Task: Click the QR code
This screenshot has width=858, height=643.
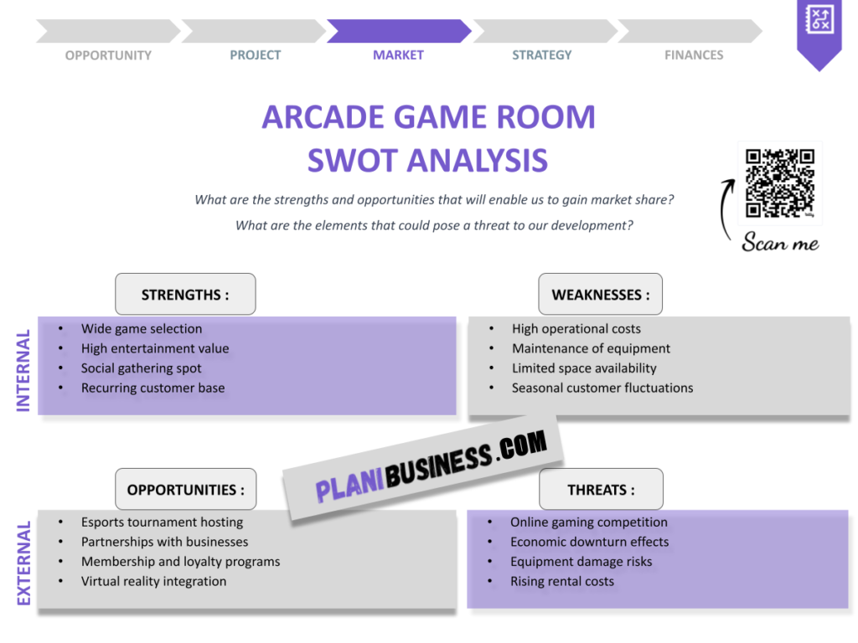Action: (x=780, y=183)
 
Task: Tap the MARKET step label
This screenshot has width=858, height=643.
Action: (x=398, y=55)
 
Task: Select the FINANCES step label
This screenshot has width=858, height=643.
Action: (x=694, y=55)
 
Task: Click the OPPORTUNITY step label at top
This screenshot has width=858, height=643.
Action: (x=108, y=55)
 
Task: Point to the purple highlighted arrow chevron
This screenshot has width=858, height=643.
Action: (x=398, y=31)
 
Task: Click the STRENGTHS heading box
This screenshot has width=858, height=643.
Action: (x=185, y=295)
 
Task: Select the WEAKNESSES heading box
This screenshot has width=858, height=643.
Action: (x=600, y=295)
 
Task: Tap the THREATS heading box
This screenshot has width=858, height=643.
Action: (x=601, y=490)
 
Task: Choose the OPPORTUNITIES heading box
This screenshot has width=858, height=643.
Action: (x=185, y=490)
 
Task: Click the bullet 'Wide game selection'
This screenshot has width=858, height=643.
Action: (x=142, y=329)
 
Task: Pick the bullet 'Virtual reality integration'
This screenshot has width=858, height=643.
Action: (x=153, y=581)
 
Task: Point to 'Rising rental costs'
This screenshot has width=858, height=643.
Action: (x=562, y=581)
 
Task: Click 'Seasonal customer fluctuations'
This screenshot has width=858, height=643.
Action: (x=602, y=388)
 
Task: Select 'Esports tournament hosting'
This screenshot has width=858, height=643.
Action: (x=162, y=522)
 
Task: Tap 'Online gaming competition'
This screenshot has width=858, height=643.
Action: (x=589, y=522)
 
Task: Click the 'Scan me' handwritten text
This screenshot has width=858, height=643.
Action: (x=780, y=244)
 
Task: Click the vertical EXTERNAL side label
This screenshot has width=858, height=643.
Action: (x=23, y=563)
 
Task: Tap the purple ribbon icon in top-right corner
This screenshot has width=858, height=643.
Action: (x=818, y=32)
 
